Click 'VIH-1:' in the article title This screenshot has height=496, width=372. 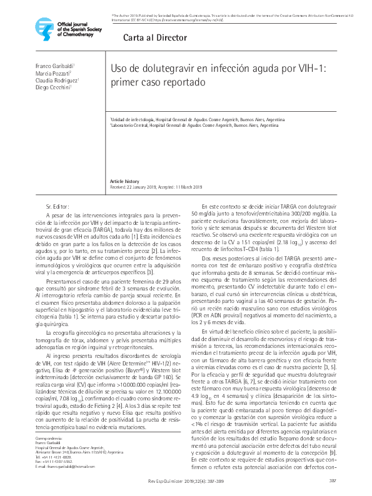(x=311, y=69)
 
